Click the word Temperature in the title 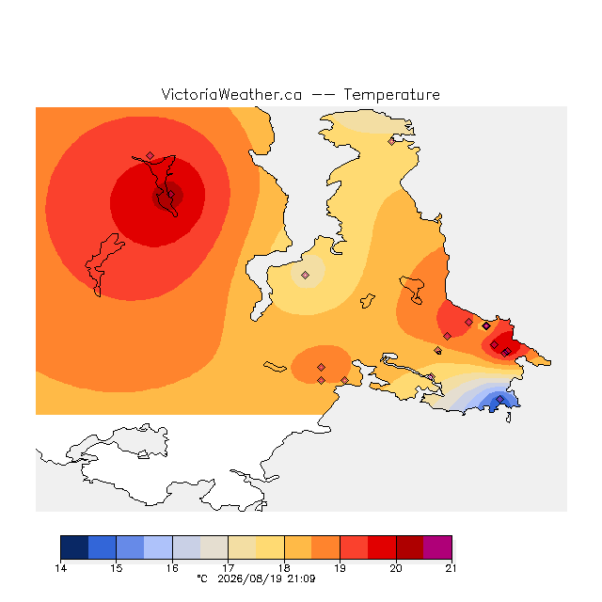pyautogui.click(x=391, y=95)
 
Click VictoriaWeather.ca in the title pyautogui.click(x=231, y=95)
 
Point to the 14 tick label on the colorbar pyautogui.click(x=60, y=568)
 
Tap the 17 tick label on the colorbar pyautogui.click(x=228, y=568)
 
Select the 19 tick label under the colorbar pyautogui.click(x=340, y=568)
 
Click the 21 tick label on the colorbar pyautogui.click(x=451, y=568)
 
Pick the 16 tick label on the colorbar pyautogui.click(x=172, y=568)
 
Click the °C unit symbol pyautogui.click(x=202, y=578)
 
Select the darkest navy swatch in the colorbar pyautogui.click(x=74, y=547)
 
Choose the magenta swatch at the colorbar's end pyautogui.click(x=437, y=547)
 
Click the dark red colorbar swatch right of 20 pyautogui.click(x=410, y=547)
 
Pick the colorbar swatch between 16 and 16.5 pyautogui.click(x=186, y=547)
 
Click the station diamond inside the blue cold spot pyautogui.click(x=499, y=399)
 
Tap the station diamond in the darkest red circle pyautogui.click(x=171, y=195)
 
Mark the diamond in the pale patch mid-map pyautogui.click(x=305, y=275)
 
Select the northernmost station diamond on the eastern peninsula pyautogui.click(x=391, y=141)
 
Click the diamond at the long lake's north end pyautogui.click(x=150, y=155)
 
